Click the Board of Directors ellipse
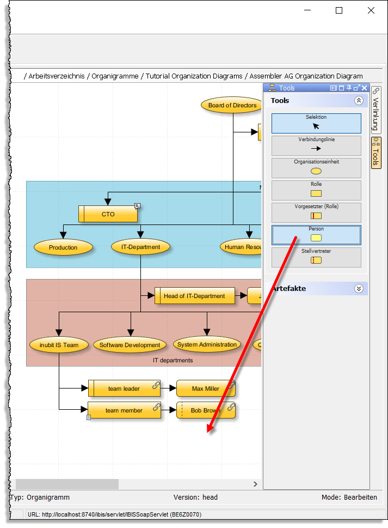232,105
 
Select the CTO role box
108,214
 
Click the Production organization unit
63,247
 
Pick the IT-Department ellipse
140,247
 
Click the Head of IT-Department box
194,296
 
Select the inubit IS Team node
59,344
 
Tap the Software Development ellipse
130,345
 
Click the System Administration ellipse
207,344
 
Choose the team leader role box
124,389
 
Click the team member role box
124,410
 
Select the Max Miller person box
206,389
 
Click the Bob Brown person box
206,410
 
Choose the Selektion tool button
316,123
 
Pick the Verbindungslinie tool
316,145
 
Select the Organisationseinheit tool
316,168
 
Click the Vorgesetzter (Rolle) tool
316,213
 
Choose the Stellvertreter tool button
316,257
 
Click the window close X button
371,10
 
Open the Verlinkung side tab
376,110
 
